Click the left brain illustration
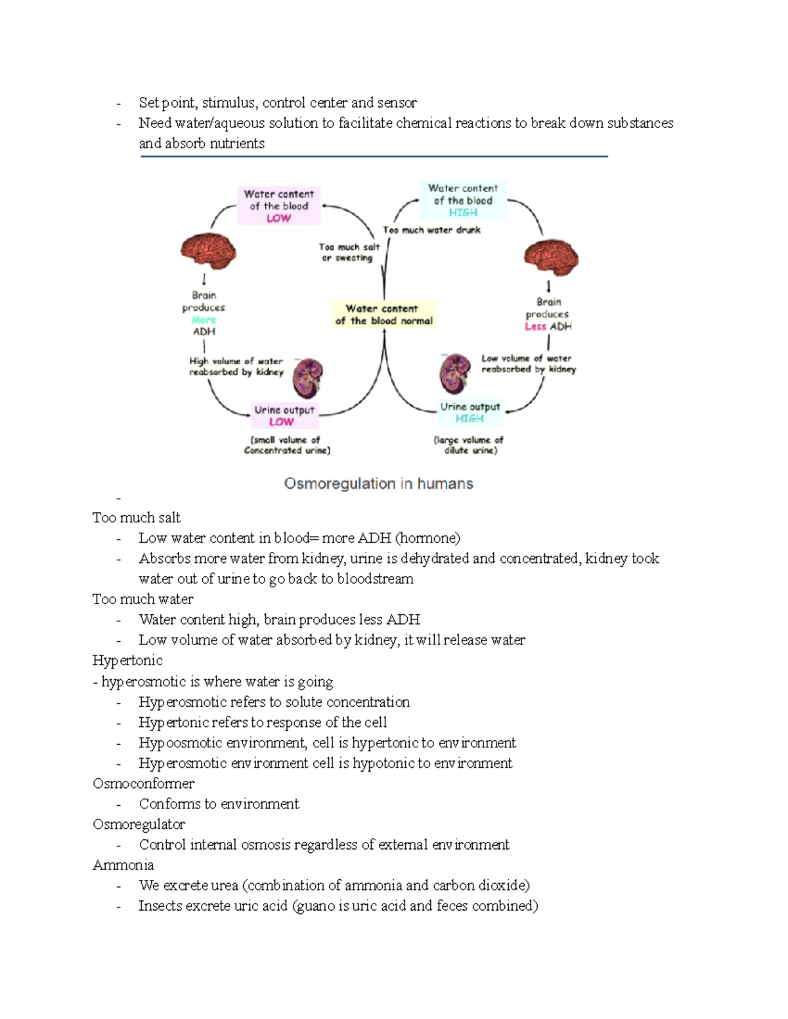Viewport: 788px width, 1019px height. pyautogui.click(x=208, y=251)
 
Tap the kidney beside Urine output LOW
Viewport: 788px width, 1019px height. pyautogui.click(x=308, y=377)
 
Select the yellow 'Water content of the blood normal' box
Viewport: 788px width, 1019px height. pyautogui.click(x=383, y=314)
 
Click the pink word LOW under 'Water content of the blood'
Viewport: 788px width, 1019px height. pyautogui.click(x=278, y=218)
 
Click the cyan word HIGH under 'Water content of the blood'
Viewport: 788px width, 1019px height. pyautogui.click(x=463, y=213)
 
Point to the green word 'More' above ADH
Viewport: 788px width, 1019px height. pyautogui.click(x=204, y=320)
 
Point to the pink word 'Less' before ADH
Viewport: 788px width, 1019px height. pyautogui.click(x=535, y=326)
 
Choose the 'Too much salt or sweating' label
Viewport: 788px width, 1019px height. pyautogui.click(x=349, y=252)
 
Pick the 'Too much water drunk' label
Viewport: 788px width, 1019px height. pyautogui.click(x=431, y=230)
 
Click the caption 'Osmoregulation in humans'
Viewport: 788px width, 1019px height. pyautogui.click(x=378, y=484)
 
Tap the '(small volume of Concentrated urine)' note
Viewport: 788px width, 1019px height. pyautogui.click(x=287, y=445)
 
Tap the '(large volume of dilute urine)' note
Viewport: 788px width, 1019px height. pyautogui.click(x=469, y=445)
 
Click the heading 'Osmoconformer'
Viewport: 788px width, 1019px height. pyautogui.click(x=143, y=783)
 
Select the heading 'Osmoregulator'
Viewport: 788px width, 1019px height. pyautogui.click(x=139, y=824)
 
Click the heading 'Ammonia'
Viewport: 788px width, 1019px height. pyautogui.click(x=123, y=865)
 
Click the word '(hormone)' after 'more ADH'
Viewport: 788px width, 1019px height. pyautogui.click(x=427, y=538)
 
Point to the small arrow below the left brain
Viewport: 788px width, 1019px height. pyautogui.click(x=204, y=280)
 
